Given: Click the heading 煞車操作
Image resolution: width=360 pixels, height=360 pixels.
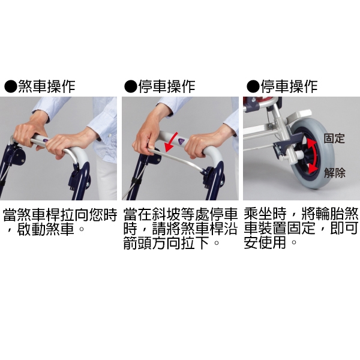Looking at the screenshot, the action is click(x=47, y=86).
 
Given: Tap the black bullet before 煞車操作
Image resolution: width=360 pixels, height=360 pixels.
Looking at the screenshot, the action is click(x=11, y=86).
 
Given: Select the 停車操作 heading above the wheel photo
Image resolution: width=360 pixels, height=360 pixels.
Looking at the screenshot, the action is click(x=289, y=86).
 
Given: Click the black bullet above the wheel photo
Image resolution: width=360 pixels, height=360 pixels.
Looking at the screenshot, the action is click(x=253, y=86).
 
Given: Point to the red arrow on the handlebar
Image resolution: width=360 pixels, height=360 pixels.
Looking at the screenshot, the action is click(x=170, y=142).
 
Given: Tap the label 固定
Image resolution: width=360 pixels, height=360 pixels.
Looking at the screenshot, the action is click(x=334, y=138).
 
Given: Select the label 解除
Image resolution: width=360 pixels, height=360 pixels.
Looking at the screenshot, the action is click(x=335, y=173).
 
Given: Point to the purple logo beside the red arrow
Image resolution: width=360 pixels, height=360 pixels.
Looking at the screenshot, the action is click(x=182, y=140).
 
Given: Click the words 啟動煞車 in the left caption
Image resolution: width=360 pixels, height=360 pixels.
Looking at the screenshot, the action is click(x=46, y=229).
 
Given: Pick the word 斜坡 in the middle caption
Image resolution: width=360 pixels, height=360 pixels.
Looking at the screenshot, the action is click(x=166, y=214).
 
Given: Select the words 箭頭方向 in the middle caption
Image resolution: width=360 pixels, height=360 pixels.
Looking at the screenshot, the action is click(x=152, y=243).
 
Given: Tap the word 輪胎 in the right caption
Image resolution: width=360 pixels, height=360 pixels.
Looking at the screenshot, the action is click(x=330, y=214).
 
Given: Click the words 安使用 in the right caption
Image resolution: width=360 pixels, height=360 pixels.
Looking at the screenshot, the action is click(x=265, y=243).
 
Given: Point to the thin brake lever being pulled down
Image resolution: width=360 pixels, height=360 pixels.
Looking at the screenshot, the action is click(x=177, y=159).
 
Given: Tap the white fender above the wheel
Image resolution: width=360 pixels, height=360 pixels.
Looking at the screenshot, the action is click(x=298, y=116).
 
